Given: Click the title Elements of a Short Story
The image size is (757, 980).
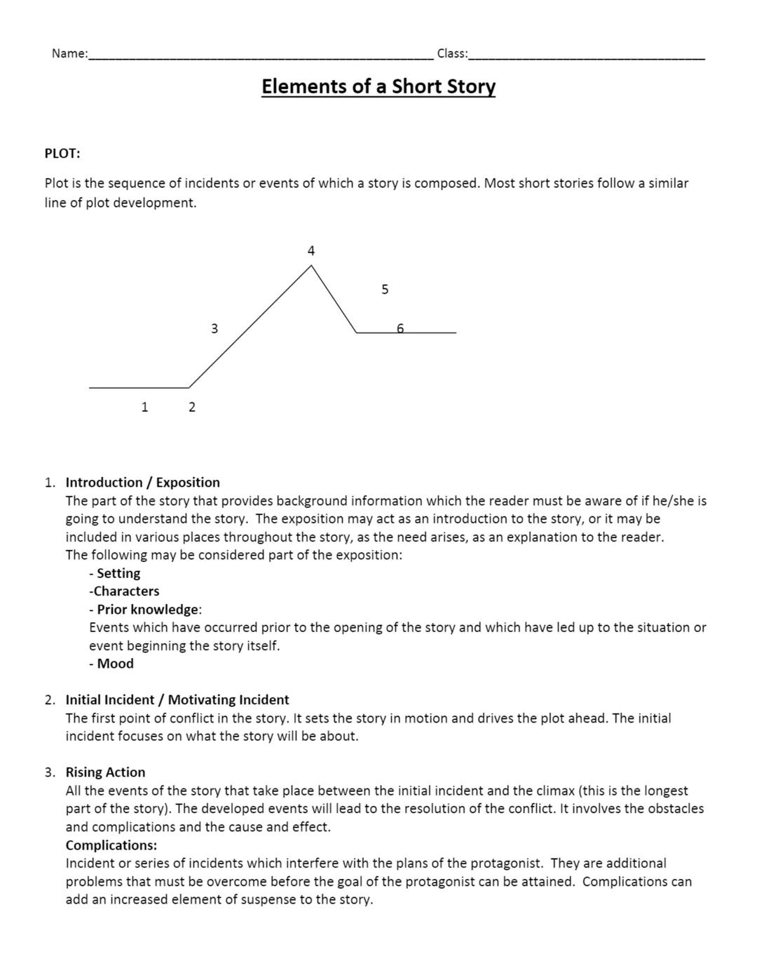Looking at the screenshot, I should tap(378, 86).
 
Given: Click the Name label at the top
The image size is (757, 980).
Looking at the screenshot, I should tap(69, 53).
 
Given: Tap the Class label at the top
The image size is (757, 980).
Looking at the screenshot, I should tap(452, 53).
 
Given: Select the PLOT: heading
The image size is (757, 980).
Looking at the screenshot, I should tap(62, 153).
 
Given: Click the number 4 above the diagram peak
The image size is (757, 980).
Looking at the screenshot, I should tap(311, 250).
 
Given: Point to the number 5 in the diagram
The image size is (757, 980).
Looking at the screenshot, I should tap(385, 289).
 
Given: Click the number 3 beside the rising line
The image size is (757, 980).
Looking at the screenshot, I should tap(214, 328).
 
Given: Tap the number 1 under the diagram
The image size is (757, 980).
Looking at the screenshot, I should tap(144, 407).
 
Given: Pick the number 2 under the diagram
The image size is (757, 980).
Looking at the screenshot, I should tap(192, 407).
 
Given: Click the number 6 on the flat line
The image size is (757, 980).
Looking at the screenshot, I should tap(400, 328).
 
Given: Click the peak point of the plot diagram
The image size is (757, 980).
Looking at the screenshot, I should tap(311, 266).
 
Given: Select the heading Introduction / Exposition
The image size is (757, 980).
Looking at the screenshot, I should tap(142, 483).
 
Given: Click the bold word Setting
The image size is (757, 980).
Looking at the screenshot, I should tap(118, 573).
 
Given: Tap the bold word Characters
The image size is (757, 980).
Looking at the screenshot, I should tap(126, 591).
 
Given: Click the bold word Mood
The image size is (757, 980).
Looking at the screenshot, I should tap(115, 664).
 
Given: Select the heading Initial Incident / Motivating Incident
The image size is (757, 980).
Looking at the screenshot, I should tap(177, 700).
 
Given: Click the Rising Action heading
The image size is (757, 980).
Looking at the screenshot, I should tap(105, 772).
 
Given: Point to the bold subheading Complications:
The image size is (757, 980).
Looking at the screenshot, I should tap(111, 845).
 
